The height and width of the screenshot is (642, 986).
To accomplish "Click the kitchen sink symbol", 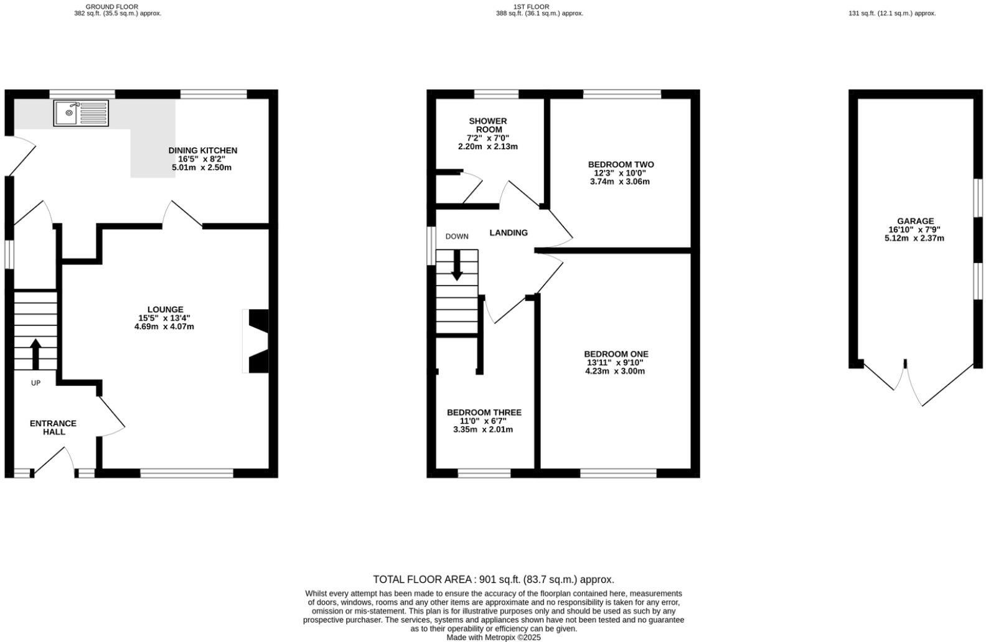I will (80, 113).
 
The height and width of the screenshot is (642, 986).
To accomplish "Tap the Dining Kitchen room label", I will (202, 151).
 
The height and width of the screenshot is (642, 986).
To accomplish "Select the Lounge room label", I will (165, 309).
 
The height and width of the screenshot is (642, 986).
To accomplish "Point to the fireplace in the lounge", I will (257, 341).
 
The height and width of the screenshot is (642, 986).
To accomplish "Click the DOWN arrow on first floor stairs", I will (457, 265).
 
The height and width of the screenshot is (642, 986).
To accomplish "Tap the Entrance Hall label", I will (53, 427).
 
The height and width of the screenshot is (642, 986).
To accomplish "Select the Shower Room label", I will (488, 125).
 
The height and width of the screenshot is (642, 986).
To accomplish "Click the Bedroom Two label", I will (621, 164).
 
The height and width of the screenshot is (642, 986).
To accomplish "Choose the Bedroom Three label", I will (484, 412).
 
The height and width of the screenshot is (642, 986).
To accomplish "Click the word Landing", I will (509, 233).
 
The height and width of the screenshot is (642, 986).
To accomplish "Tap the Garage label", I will (915, 221).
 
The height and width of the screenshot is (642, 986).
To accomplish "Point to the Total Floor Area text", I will (493, 579).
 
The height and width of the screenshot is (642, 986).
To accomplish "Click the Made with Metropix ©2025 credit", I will (494, 637).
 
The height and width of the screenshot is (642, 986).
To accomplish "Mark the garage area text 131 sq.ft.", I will (891, 13).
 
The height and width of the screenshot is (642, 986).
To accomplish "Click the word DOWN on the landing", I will (457, 236).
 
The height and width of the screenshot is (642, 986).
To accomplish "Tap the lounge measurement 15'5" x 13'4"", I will (164, 318).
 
